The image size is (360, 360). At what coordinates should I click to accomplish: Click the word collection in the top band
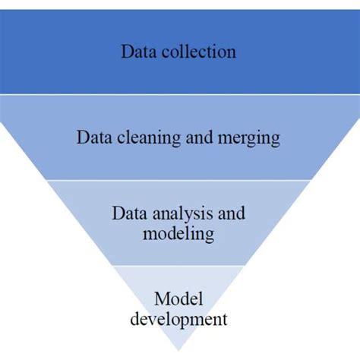199,52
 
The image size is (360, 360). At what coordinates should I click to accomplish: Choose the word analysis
182,215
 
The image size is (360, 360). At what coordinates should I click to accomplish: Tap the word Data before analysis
129,215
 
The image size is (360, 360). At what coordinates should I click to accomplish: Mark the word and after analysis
231,215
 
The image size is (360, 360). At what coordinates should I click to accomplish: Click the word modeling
179,233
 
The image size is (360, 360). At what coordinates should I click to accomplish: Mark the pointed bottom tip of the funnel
179,351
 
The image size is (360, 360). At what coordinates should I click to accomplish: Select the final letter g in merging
276,141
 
